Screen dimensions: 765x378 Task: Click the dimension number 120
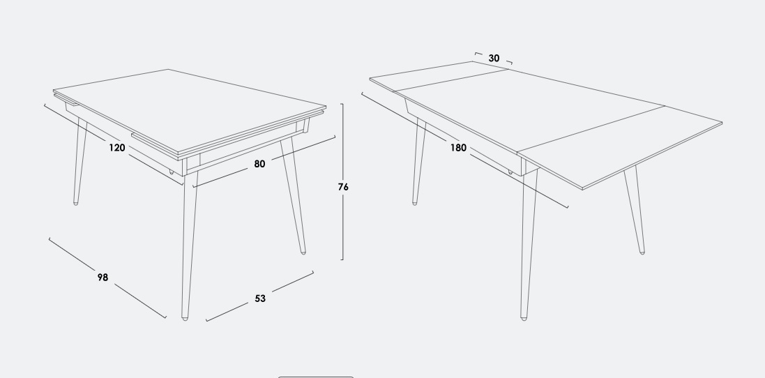pos(117,148)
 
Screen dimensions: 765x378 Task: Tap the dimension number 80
pos(259,164)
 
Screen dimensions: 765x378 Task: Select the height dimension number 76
pos(343,187)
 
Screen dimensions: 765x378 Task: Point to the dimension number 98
pos(103,278)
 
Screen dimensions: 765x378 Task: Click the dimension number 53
pos(260,298)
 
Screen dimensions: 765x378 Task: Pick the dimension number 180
pos(458,148)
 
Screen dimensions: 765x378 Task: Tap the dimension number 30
pos(494,59)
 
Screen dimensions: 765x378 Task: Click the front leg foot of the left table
pos(185,319)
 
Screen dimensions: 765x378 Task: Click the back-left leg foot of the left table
pos(75,203)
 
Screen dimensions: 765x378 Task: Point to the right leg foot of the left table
pos(303,252)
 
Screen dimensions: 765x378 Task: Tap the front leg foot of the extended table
pos(524,319)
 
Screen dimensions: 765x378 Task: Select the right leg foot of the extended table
pos(642,252)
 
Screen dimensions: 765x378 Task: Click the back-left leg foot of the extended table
pos(415,203)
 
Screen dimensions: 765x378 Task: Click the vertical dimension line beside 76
pos(342,181)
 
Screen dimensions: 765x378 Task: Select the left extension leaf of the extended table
pos(439,76)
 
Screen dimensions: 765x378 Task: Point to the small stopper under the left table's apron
pos(172,172)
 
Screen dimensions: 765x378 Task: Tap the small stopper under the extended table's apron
pos(510,172)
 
